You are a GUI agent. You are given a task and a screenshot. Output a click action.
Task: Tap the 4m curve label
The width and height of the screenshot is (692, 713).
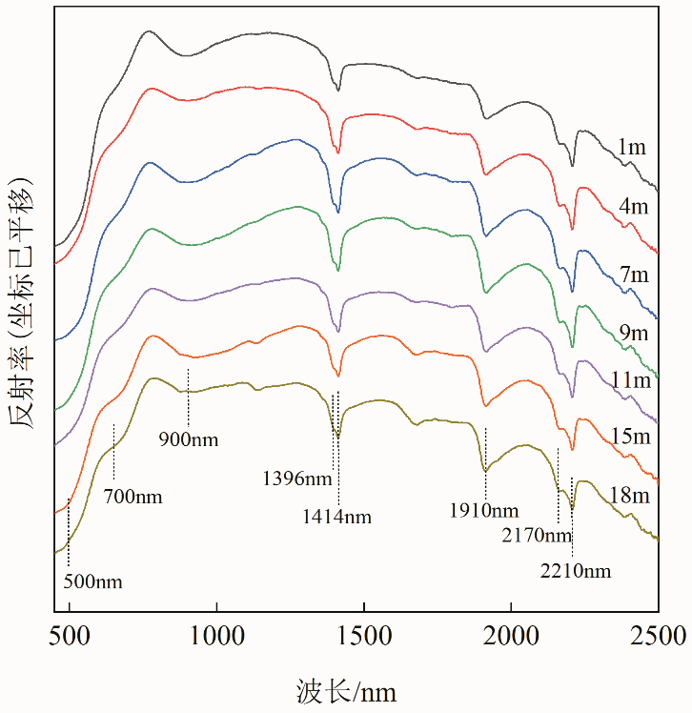[634, 207]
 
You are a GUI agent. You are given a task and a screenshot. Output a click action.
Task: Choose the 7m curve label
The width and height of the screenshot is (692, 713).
[634, 275]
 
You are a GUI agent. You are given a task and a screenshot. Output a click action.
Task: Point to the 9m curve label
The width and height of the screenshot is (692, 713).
[634, 334]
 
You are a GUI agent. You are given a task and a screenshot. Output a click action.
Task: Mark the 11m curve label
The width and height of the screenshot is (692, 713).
[631, 380]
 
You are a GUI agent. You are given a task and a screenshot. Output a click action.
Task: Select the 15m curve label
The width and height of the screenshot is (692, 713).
[631, 437]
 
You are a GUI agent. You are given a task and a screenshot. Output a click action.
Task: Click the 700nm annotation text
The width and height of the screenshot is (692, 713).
[132, 497]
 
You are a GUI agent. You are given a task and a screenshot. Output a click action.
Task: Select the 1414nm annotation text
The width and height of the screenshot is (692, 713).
[336, 518]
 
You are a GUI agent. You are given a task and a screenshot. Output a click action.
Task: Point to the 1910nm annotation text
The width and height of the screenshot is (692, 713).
[484, 510]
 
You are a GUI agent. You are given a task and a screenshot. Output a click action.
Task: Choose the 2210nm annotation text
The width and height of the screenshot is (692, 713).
[575, 572]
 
